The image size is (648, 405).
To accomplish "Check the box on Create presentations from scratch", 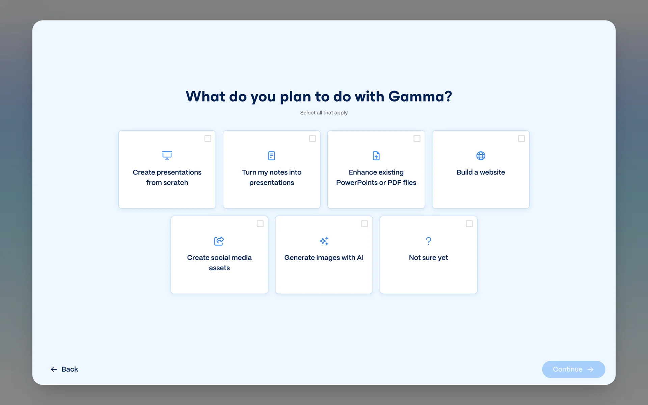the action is point(208,138).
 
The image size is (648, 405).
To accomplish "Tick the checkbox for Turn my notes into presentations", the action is point(313,138).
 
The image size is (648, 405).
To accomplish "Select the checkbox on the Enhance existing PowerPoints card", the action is point(417,138).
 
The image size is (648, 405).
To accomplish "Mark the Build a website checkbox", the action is point(521,138).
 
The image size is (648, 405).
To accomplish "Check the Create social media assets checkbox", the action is point(260,224).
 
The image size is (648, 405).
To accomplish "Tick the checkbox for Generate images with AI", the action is point(365,224).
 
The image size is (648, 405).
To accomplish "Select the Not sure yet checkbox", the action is point(469,224).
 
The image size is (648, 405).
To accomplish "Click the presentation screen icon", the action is point(167,156).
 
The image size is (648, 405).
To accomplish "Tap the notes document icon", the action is point(272,156).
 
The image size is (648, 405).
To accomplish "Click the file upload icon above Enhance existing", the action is point(376,156).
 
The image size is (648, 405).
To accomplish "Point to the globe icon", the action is point(481,156).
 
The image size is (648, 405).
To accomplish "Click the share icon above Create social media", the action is point(219,241).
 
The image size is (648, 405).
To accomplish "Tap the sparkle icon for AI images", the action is point(324,241).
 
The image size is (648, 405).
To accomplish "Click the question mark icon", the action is point(429,241).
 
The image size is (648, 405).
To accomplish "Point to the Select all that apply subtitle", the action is point(324,113).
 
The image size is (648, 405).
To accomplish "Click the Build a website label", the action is point(481,172).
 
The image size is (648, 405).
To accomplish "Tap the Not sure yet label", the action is point(429,258).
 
